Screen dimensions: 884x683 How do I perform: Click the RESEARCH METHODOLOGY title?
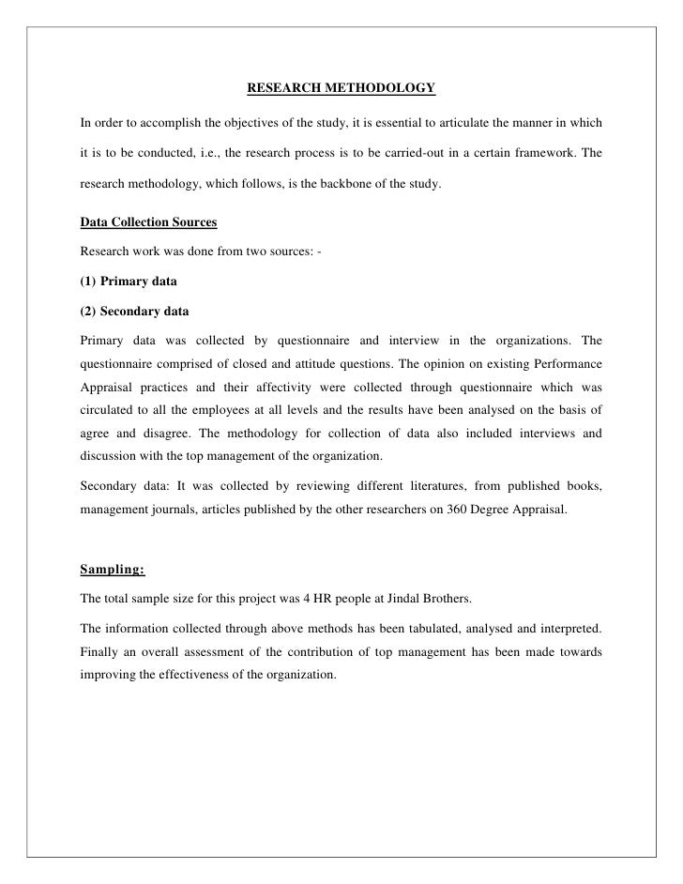coord(341,89)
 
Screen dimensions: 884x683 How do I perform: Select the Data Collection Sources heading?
coord(148,222)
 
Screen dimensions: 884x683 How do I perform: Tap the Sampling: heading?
coord(113,570)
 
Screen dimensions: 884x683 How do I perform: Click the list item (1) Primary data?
coord(128,281)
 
